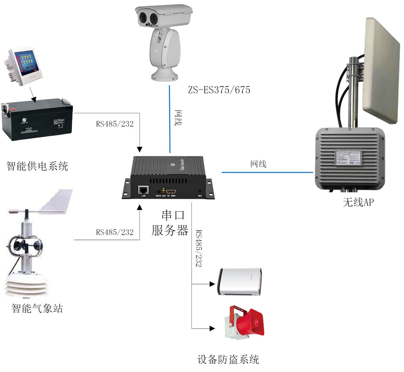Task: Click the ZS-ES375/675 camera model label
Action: pyautogui.click(x=219, y=90)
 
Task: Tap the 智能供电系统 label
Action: pyautogui.click(x=37, y=166)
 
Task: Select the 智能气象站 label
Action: pyautogui.click(x=37, y=308)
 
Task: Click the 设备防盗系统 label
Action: pyautogui.click(x=228, y=359)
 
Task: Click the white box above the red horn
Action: pyautogui.click(x=241, y=282)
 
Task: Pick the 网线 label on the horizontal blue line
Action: pyautogui.click(x=258, y=164)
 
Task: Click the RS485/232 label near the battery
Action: pyautogui.click(x=115, y=124)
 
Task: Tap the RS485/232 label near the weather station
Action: pyautogui.click(x=115, y=232)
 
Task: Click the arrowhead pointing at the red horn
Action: pyautogui.click(x=213, y=328)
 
